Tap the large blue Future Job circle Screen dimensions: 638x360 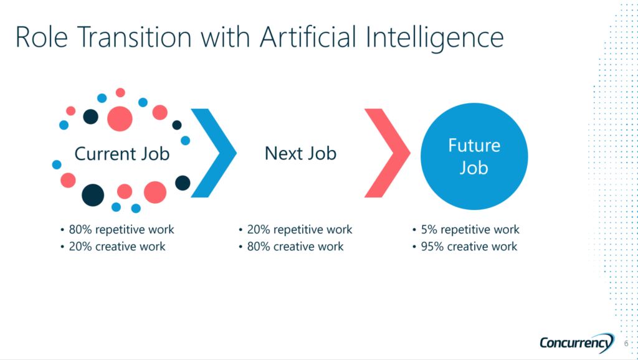coord(474,156)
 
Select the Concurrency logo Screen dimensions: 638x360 coord(577,343)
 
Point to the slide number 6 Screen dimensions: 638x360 coord(626,344)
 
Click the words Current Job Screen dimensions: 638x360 coord(121,154)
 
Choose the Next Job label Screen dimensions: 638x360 coord(301,153)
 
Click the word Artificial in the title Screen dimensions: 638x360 coord(308,37)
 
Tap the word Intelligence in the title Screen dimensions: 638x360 coord(434,39)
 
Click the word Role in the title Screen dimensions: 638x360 coord(42,37)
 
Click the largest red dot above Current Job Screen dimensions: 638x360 coord(120,119)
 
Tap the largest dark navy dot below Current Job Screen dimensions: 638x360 coord(93,195)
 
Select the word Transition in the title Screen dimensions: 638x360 coord(134,37)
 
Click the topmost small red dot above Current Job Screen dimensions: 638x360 coord(120,93)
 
